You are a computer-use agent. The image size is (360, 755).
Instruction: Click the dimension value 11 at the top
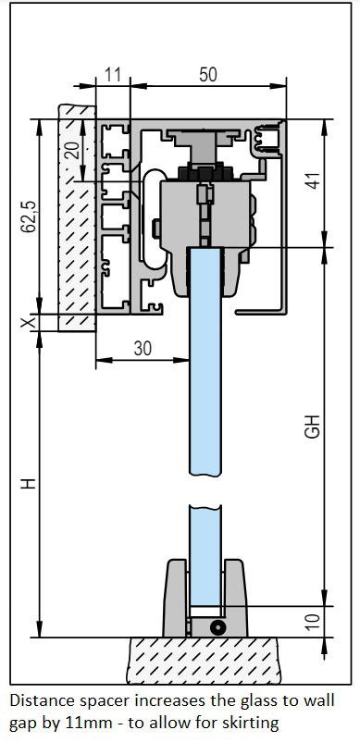click(x=114, y=75)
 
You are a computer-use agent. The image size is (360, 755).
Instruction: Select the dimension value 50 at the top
click(x=207, y=75)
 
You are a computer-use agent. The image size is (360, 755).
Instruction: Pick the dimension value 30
click(x=143, y=349)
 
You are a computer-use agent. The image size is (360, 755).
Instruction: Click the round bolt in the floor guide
click(x=217, y=626)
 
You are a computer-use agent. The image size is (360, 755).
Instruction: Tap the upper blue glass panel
click(x=205, y=370)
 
